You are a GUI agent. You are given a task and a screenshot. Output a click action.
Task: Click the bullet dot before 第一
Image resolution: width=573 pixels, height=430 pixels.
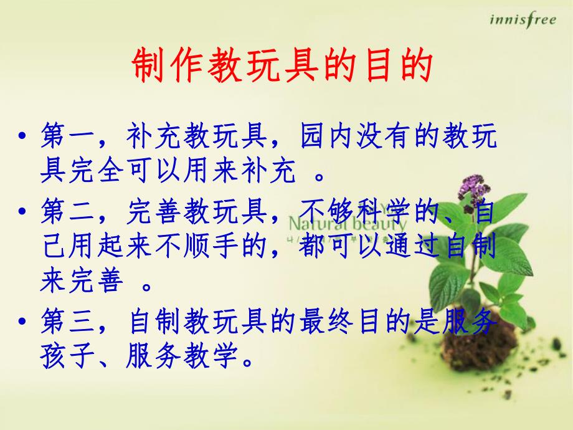[x=23, y=138]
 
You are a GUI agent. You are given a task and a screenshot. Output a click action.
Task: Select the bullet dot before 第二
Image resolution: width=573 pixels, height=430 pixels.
[x=23, y=214]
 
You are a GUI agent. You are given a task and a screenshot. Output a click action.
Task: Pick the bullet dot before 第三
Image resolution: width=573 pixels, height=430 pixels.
[x=23, y=324]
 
